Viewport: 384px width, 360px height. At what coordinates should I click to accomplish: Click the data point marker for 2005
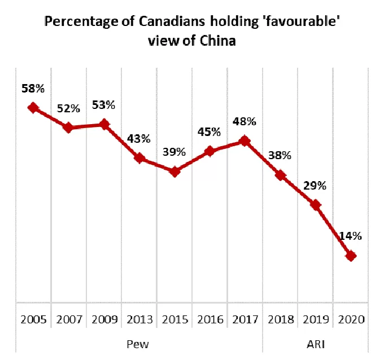pyautogui.click(x=33, y=108)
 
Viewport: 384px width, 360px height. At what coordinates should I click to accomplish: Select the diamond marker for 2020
pyautogui.click(x=351, y=256)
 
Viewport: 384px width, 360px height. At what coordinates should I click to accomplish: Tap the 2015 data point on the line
pyautogui.click(x=174, y=172)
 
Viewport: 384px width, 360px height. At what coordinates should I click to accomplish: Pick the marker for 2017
pyautogui.click(x=245, y=141)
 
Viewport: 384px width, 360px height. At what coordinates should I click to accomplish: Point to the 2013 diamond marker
pyautogui.click(x=139, y=158)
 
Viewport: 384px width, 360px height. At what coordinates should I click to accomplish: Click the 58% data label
pyautogui.click(x=33, y=89)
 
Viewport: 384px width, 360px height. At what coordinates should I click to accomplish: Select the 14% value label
pyautogui.click(x=351, y=236)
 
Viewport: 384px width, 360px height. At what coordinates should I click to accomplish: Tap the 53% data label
pyautogui.click(x=103, y=105)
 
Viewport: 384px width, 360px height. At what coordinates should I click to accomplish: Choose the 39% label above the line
pyautogui.click(x=174, y=152)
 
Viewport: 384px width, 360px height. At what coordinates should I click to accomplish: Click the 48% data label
pyautogui.click(x=245, y=121)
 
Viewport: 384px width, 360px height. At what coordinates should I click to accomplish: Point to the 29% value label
pyautogui.click(x=315, y=186)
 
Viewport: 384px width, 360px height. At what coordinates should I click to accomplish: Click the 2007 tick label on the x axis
pyautogui.click(x=69, y=319)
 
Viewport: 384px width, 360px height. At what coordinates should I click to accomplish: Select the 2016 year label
pyautogui.click(x=211, y=319)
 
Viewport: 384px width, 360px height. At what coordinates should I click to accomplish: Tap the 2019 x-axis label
pyautogui.click(x=316, y=319)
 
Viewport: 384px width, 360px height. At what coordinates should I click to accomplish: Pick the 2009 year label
pyautogui.click(x=104, y=319)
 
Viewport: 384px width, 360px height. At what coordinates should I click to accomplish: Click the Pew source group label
pyautogui.click(x=138, y=344)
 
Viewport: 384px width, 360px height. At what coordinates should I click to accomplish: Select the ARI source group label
pyautogui.click(x=316, y=344)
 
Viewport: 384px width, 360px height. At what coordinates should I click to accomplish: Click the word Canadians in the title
pyautogui.click(x=172, y=21)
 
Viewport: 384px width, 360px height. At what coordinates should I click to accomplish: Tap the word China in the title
pyautogui.click(x=217, y=41)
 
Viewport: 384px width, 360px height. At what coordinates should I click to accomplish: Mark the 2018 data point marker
pyautogui.click(x=281, y=175)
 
